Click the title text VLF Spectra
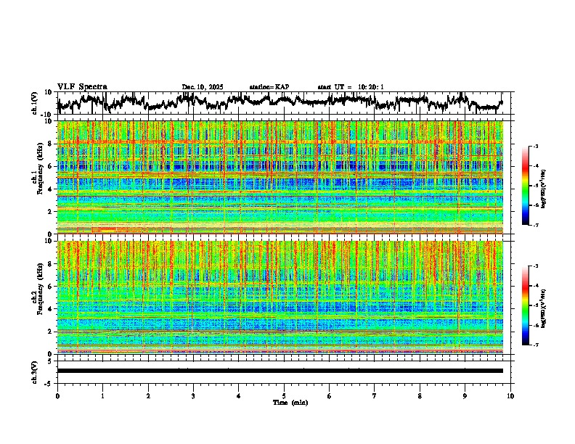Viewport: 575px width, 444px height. (82, 86)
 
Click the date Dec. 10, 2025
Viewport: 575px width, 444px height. (203, 87)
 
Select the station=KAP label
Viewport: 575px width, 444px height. (269, 87)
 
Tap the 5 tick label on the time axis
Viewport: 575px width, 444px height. (284, 395)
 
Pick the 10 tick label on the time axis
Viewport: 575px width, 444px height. (511, 395)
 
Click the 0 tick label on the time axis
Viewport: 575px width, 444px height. (57, 395)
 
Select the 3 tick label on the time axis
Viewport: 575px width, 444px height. (193, 395)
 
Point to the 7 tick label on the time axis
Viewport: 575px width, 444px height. (375, 395)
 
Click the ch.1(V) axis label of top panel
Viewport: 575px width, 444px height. (34, 103)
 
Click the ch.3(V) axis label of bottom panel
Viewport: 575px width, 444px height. (34, 371)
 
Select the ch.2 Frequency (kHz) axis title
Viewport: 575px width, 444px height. (36, 297)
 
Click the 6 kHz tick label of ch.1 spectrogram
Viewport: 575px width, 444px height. (51, 166)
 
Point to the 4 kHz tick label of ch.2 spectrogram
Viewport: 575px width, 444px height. (51, 309)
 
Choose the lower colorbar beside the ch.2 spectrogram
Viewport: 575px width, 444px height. (526, 305)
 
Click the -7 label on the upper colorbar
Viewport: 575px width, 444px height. (536, 226)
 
